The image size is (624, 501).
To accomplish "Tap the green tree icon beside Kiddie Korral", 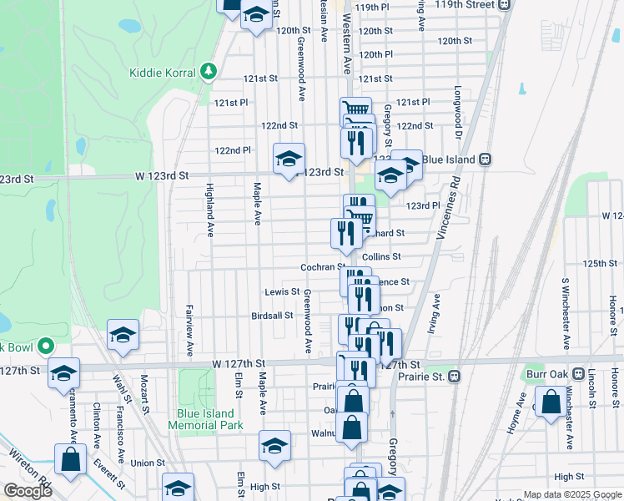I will pos(209,72).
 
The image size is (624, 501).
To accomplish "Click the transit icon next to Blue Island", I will pos(483,159).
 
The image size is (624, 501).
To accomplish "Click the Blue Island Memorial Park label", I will pos(205,419).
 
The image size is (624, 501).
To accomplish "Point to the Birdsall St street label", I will pos(273,316).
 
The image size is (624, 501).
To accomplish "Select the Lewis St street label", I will pos(282,291).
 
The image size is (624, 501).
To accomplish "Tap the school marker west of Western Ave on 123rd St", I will pos(289,159).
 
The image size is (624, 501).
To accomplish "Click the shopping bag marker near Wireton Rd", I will pos(70,459).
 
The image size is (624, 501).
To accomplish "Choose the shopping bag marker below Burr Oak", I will pos(551,402).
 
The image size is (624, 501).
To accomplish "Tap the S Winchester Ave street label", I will pos(565,314).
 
